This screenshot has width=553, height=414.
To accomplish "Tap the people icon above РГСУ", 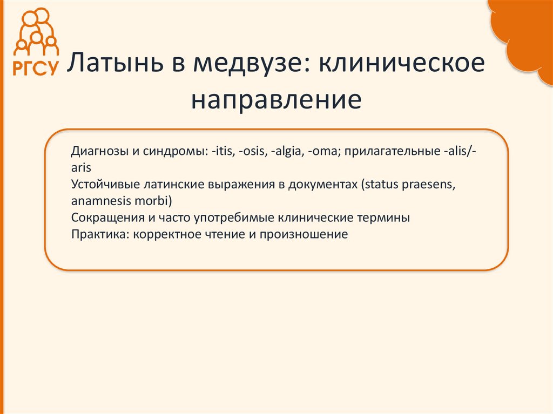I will click(x=35, y=31).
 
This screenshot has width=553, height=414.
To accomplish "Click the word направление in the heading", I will click(x=275, y=100).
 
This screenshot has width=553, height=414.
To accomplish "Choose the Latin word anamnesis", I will click(x=96, y=201).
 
